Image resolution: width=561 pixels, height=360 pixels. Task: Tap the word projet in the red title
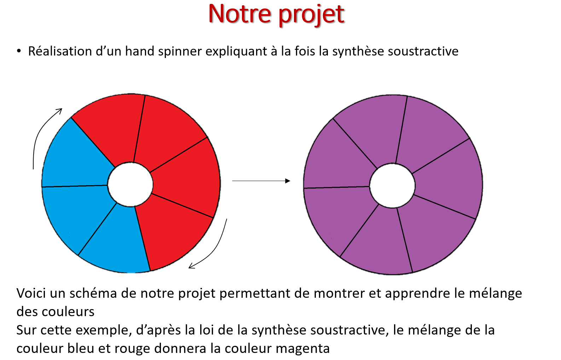point(312,16)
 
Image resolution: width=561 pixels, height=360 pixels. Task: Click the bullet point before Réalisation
point(19,51)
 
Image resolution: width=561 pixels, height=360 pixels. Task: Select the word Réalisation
point(60,51)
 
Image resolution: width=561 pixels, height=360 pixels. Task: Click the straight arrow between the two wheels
point(261,181)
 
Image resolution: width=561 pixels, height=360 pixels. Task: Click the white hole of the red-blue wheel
point(130,185)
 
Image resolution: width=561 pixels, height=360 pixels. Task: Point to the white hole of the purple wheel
point(392,186)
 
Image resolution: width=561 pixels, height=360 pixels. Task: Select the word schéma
point(93,293)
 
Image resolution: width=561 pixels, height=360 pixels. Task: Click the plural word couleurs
point(68,312)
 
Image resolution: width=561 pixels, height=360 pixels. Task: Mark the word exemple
point(104,330)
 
